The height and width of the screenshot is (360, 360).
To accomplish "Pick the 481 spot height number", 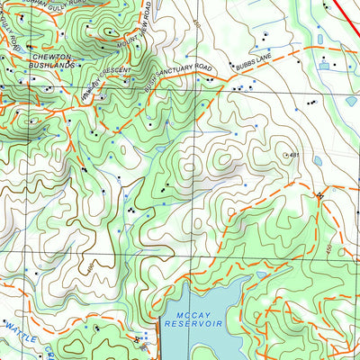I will point(294,155).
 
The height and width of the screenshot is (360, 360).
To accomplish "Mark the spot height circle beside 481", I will point(286,155).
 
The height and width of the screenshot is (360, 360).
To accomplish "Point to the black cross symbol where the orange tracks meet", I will point(319,194).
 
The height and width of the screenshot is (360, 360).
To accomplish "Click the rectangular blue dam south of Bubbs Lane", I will point(324,65).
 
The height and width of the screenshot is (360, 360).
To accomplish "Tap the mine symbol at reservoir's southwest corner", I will point(137,339).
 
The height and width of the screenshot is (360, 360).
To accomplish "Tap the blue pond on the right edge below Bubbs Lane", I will point(351,102).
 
